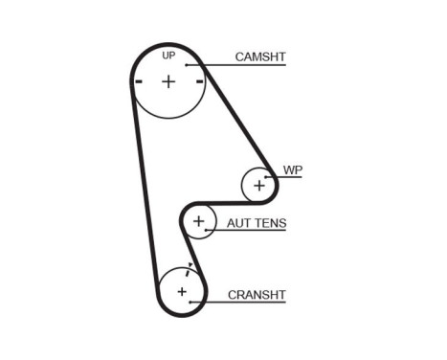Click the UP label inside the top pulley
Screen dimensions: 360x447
168,56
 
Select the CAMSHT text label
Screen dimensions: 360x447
260,57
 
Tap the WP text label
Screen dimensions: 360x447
292,169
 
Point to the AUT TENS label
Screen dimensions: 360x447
257,224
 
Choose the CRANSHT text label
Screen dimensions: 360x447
257,294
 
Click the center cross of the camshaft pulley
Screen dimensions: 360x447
168,81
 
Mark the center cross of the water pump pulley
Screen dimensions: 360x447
258,185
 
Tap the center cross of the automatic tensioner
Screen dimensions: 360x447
198,222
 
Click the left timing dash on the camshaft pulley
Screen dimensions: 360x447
139,82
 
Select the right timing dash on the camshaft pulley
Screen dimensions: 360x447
199,82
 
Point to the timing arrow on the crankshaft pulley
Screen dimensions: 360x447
190,265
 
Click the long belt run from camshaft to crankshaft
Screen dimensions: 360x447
145,191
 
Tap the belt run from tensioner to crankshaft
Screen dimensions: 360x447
188,248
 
